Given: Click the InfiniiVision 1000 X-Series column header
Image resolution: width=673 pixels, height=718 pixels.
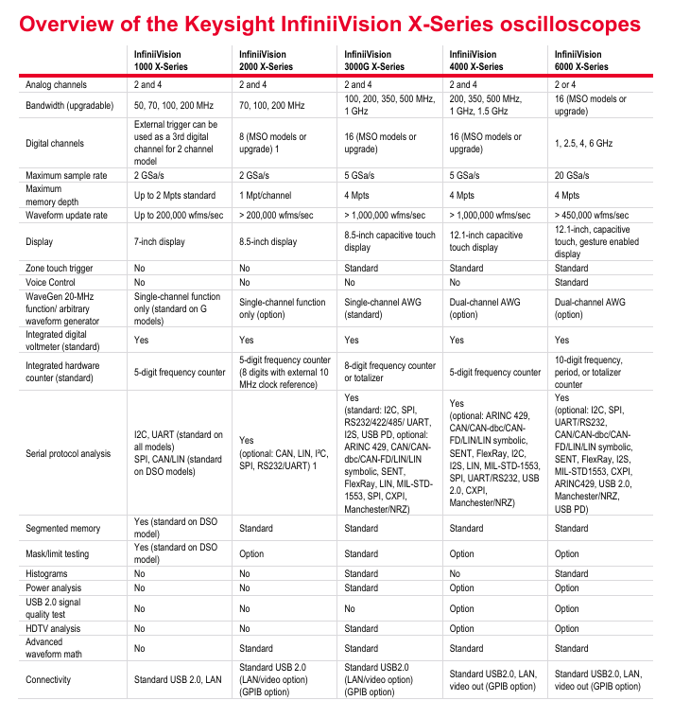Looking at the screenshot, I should pos(161,61).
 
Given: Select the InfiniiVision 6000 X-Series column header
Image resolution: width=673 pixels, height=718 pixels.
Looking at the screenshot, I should pos(581,61).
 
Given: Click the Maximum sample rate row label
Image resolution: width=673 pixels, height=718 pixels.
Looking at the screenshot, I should pos(64,176).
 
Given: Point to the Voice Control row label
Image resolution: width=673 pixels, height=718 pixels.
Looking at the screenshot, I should pos(52,282).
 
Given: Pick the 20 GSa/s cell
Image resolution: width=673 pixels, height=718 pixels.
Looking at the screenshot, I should pos(573,176).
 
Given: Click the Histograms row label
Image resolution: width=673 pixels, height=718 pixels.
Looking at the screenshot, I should pos(46,573).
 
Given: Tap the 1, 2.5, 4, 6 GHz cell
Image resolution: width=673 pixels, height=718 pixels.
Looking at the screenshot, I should pos(582,144).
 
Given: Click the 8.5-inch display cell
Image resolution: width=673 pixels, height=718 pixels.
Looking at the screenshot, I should pos(268,241).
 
